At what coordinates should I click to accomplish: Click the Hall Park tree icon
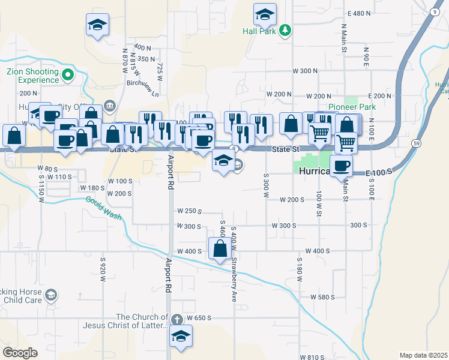pos(286,31)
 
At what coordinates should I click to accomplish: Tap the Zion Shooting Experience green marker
pos(68,75)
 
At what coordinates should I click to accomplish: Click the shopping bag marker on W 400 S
pos(220,248)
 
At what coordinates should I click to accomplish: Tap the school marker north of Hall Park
pos(265,13)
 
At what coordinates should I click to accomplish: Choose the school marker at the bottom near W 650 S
pos(180,337)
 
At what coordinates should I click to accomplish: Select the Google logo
pos(20,352)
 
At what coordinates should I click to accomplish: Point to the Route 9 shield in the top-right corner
pos(433,12)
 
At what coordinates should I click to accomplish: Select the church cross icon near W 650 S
pos(176,320)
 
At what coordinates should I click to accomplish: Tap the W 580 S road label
pos(322,297)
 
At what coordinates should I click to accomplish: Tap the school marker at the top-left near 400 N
pos(97,25)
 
